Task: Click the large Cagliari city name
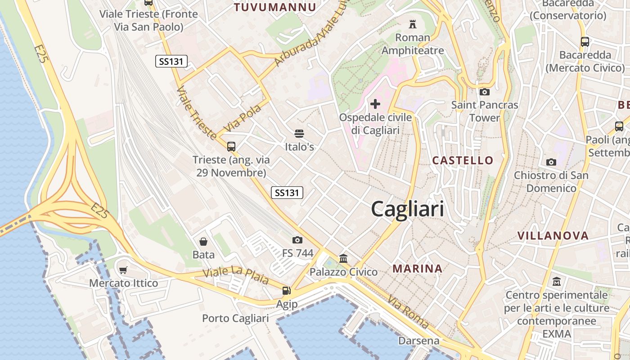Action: (407, 209)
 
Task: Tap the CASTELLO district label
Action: (463, 160)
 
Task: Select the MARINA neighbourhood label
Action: (418, 269)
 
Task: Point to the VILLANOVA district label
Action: (553, 236)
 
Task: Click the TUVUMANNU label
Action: (275, 7)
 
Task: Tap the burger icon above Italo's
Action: (299, 133)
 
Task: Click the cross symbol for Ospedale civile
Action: (375, 104)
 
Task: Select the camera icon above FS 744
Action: (297, 240)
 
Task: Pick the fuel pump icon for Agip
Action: (287, 291)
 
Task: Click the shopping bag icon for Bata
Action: (203, 242)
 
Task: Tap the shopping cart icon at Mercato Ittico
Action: (123, 270)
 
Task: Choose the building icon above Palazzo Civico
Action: (343, 258)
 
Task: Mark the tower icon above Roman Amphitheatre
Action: (412, 24)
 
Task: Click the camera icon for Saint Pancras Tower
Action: (485, 92)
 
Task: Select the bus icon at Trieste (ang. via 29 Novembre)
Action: (231, 146)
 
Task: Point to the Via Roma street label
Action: (408, 311)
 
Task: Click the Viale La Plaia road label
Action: (235, 275)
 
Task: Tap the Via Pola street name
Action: (242, 118)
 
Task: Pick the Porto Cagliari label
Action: (235, 318)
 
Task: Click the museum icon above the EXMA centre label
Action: (557, 282)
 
